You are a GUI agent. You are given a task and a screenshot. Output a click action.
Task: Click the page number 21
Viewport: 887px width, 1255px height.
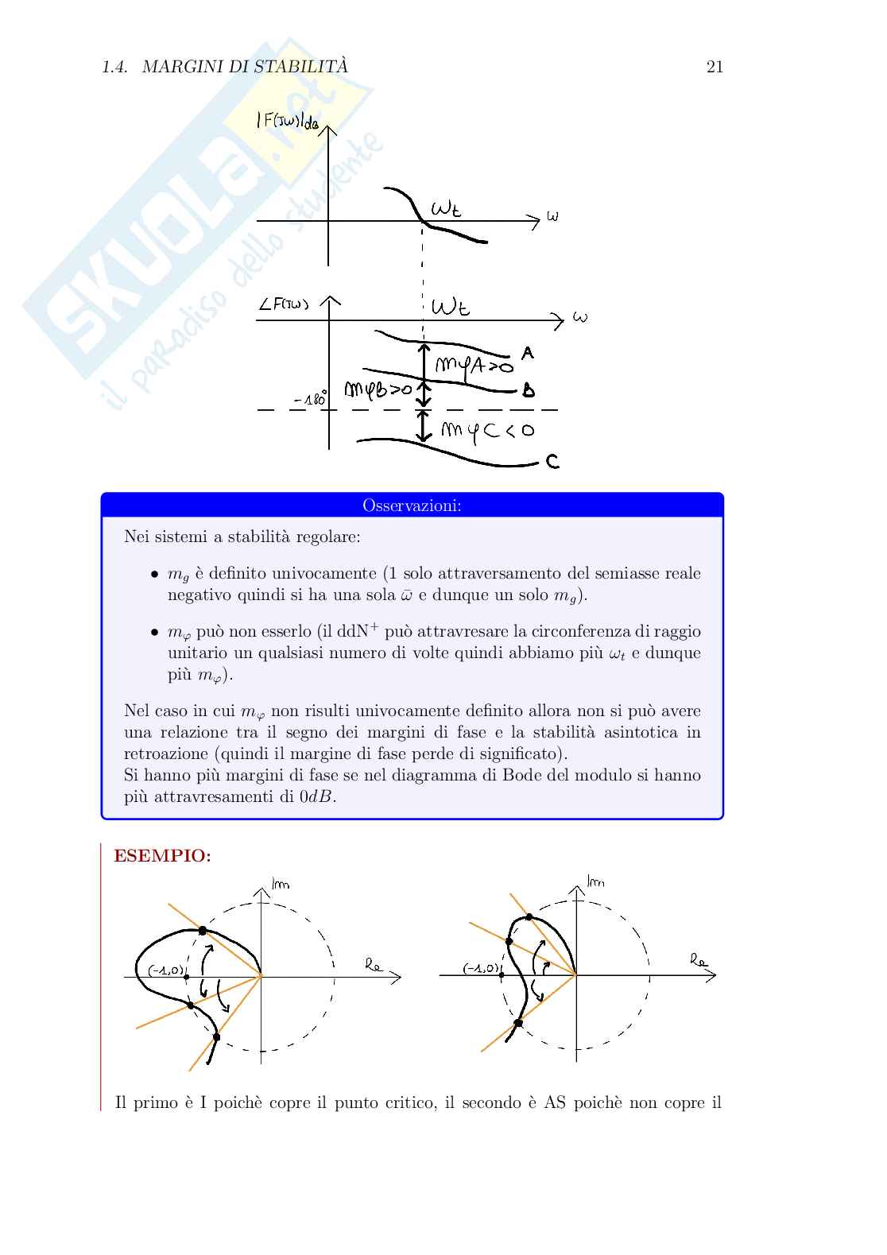pos(715,67)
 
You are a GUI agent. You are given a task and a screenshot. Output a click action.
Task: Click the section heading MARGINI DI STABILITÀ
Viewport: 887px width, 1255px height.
pos(245,67)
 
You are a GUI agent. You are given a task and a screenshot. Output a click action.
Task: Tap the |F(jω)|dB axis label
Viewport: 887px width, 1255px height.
pos(287,120)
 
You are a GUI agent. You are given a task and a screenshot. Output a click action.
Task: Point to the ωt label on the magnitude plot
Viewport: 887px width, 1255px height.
pos(445,209)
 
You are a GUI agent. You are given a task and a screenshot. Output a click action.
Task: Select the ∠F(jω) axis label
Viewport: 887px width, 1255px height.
pos(284,303)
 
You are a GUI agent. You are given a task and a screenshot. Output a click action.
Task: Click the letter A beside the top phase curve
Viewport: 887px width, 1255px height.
pos(528,352)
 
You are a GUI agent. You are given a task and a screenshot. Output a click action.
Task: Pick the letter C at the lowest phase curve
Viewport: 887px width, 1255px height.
pos(552,461)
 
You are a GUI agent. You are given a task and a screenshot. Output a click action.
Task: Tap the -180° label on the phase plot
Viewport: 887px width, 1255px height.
pos(310,399)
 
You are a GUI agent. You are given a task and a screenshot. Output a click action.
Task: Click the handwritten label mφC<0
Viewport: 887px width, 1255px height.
pos(487,431)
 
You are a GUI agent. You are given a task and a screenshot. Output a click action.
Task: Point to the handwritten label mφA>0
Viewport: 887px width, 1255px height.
pos(474,366)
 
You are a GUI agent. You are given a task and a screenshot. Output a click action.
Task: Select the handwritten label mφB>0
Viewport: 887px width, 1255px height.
pos(378,389)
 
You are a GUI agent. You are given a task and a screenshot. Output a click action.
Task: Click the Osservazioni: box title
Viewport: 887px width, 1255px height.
pos(412,505)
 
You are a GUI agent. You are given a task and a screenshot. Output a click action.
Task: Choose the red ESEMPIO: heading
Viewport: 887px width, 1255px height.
pos(163,855)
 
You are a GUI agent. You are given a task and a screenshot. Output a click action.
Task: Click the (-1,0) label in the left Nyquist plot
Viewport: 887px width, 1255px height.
pos(166,970)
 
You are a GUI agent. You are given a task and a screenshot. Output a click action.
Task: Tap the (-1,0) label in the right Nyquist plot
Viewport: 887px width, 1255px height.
pos(482,968)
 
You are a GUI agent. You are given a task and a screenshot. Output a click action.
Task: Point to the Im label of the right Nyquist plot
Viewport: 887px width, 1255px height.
pos(595,881)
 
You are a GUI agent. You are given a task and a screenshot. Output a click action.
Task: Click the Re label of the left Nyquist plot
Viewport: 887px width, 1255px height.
pos(374,965)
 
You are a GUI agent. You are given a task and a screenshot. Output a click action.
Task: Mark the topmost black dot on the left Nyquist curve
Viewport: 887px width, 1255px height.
pos(203,930)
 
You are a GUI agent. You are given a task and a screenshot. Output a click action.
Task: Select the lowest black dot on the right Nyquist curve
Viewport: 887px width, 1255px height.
pos(518,1023)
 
